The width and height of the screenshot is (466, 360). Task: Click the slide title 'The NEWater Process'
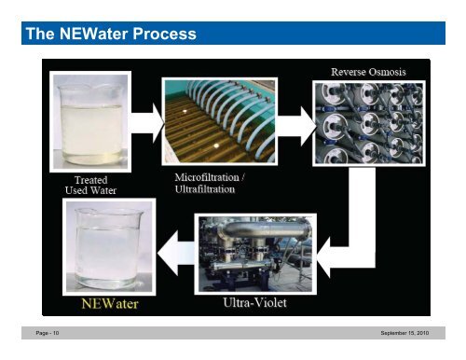[x=110, y=35]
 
